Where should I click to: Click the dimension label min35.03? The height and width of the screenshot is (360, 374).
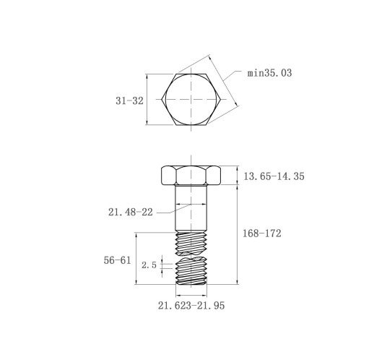[x=269, y=73]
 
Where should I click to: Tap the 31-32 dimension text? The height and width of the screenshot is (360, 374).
[x=129, y=100]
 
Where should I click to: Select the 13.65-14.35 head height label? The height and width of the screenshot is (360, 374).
[x=274, y=176]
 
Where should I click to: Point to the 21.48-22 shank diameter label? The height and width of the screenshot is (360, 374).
[x=131, y=212]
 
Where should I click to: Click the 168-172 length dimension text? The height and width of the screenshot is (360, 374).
[x=262, y=233]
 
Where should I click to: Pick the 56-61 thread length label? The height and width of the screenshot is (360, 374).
[x=117, y=260]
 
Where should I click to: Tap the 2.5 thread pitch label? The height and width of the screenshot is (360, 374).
[x=149, y=265]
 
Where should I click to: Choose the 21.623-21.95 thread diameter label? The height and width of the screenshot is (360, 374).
[x=191, y=306]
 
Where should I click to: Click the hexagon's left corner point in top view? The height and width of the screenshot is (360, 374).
[x=162, y=99]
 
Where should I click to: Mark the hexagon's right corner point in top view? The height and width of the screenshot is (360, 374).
[x=221, y=99]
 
